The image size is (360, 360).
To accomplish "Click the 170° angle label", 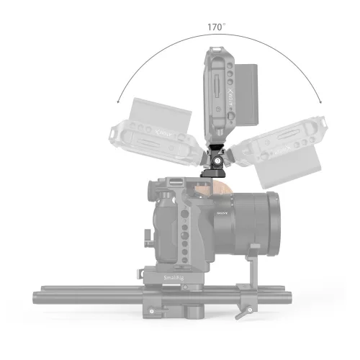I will [216, 27].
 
